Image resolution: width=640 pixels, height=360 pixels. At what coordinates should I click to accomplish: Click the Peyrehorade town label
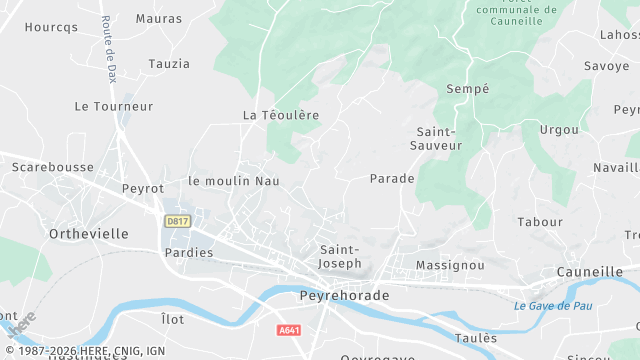pos(343,297)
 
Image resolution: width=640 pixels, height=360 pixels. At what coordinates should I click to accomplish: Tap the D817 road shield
pos(177,219)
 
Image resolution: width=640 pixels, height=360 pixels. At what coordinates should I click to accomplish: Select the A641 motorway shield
pos(290,329)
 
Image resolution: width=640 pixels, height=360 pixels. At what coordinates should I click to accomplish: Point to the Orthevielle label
pos(88,233)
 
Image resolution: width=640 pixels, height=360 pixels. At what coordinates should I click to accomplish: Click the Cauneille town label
pos(589,271)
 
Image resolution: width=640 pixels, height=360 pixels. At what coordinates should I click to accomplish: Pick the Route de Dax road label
pos(107,49)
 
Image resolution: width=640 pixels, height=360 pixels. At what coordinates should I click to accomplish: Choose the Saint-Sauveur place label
pos(436,138)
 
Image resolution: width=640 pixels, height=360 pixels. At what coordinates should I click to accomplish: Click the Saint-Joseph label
pos(340,256)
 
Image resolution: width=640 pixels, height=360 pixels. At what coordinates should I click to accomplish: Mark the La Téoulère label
pos(281,115)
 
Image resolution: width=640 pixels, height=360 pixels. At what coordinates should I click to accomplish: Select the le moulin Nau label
pos(234,181)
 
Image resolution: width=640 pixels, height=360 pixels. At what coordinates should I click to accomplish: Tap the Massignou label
pos(450,265)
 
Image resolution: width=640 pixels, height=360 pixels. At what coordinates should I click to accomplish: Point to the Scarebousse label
pos(53,167)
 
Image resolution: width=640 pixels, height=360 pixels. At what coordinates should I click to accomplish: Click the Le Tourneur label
pos(114,106)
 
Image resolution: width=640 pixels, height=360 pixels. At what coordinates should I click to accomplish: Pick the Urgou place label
pos(559,130)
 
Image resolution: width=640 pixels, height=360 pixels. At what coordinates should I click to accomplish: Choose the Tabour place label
pos(540,222)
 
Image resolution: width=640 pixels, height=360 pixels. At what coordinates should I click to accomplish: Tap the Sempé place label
pos(468,88)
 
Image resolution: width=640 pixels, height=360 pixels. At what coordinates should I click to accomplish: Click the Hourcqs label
pos(51,27)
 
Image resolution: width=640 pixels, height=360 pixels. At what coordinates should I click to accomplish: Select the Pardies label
pos(189,253)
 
